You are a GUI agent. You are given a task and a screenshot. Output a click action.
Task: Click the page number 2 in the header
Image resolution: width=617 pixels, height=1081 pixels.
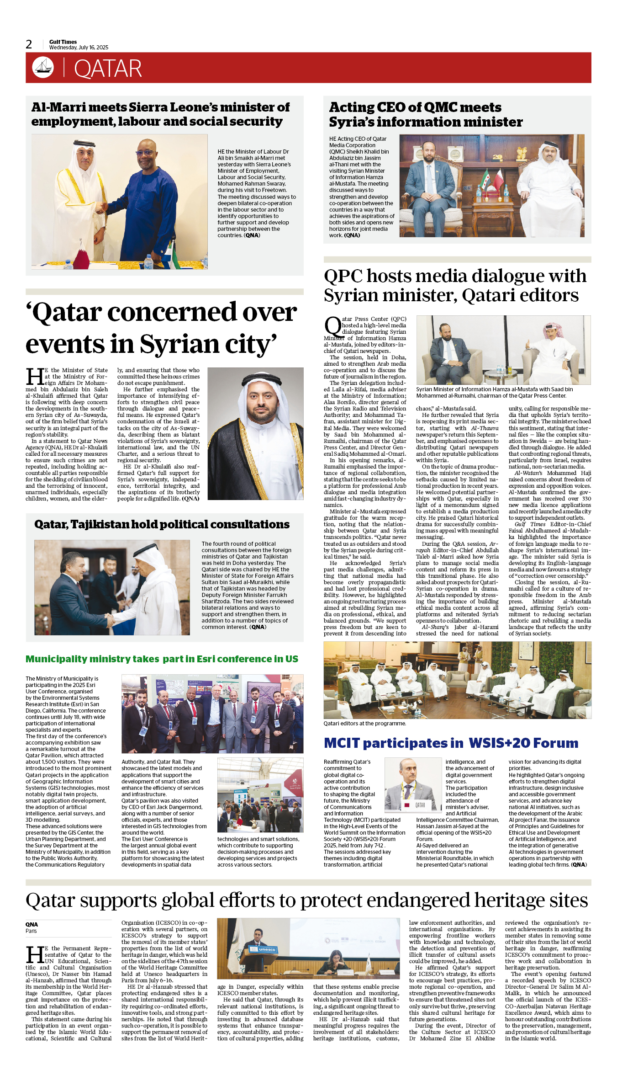click(29, 44)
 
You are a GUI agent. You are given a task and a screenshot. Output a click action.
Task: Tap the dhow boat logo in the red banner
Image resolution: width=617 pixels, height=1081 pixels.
click(43, 68)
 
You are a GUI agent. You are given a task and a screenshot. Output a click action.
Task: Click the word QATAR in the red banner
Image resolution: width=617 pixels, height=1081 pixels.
click(108, 69)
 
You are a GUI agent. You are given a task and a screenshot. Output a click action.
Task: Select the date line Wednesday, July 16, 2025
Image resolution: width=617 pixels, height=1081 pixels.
click(79, 48)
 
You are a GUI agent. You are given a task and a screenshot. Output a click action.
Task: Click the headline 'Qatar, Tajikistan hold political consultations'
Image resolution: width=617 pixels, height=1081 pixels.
click(162, 524)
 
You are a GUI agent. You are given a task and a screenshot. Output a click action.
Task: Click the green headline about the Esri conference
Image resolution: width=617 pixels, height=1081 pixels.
click(162, 659)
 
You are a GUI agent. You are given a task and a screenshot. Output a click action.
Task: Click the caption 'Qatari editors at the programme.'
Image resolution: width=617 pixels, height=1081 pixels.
click(364, 724)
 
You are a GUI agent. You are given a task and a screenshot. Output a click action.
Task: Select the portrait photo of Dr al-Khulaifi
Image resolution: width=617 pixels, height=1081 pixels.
click(255, 433)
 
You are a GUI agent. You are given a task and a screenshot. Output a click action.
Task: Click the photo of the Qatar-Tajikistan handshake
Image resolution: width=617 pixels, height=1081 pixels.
click(112, 587)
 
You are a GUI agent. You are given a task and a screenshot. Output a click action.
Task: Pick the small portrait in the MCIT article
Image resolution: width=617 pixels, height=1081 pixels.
click(413, 784)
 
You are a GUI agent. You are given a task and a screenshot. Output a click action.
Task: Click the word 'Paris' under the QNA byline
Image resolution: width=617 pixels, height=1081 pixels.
click(31, 931)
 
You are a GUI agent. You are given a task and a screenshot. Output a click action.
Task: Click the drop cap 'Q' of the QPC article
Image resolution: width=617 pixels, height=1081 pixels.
click(332, 326)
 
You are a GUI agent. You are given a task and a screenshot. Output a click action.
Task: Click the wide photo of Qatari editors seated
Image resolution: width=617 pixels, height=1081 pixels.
click(457, 680)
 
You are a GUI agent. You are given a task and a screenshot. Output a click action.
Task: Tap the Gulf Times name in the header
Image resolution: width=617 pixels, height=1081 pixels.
click(63, 42)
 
